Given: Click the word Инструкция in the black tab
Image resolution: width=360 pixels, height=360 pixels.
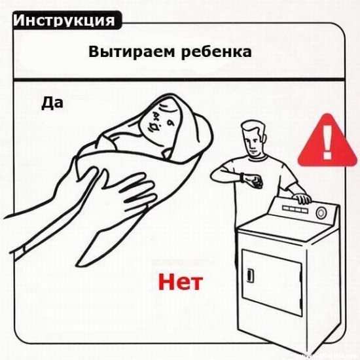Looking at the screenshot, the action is pos(64,20).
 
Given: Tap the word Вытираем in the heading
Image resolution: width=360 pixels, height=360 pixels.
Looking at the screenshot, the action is pos(132,52).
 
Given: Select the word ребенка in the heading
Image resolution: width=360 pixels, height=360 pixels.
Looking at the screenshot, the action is pos(216,52).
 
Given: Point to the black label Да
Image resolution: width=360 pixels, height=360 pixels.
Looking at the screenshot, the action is pos(52,103).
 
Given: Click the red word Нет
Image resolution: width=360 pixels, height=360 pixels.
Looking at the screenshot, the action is pos(181,281).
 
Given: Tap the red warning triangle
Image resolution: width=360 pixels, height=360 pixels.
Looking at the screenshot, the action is pos(328,141).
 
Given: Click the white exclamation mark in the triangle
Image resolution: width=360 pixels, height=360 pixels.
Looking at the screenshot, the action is pos(328,142).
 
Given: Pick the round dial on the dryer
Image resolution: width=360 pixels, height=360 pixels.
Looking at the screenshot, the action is pos(321,213).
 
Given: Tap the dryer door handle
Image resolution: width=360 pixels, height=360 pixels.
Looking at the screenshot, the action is pos(251,275).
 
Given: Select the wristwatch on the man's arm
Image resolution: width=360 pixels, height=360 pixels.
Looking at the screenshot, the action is pos(242,177).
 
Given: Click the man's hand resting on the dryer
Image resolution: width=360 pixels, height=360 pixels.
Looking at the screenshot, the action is pos(302,198).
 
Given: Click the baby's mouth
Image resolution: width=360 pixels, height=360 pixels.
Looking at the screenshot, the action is pos(154,127).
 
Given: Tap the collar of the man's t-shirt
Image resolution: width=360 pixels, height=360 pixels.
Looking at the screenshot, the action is pos(257,158).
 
